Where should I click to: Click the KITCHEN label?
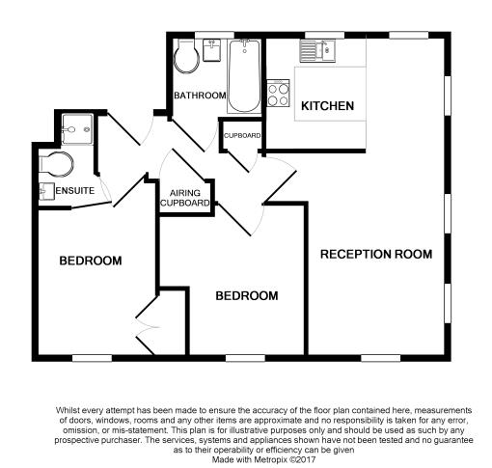(327, 106)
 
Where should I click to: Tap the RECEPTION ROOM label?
(376, 254)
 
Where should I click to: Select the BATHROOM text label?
(200, 96)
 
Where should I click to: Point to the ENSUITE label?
(75, 191)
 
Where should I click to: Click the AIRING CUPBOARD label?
(185, 198)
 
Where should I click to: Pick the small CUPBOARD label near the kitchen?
(242, 136)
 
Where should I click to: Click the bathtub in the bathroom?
(244, 76)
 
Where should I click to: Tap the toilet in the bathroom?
(186, 57)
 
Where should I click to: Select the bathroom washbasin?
(212, 50)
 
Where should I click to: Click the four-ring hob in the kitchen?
(278, 94)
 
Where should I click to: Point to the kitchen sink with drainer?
(317, 51)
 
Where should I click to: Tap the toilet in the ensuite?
(56, 164)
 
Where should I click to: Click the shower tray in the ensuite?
(77, 129)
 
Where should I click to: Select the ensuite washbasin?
(46, 191)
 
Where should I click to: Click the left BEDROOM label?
(91, 261)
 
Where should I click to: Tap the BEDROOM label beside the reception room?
(247, 296)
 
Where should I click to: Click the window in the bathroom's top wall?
(214, 35)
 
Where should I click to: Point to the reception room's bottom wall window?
(381, 358)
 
